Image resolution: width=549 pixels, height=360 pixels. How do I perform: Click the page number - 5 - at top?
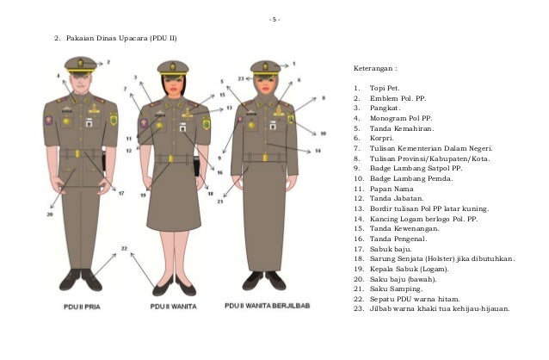pyautogui.click(x=274, y=19)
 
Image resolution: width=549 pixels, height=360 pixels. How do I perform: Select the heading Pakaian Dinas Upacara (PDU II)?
pyautogui.click(x=120, y=40)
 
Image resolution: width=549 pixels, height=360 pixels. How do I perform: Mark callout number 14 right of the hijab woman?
pyautogui.click(x=318, y=151)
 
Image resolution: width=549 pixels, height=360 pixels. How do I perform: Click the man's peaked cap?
pyautogui.click(x=80, y=64)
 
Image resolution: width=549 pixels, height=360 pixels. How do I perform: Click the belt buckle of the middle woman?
pyautogui.click(x=171, y=158)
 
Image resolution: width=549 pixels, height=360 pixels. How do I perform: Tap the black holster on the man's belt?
pyautogui.click(x=104, y=160)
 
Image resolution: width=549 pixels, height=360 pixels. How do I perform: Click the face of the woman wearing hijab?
pyautogui.click(x=264, y=83)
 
